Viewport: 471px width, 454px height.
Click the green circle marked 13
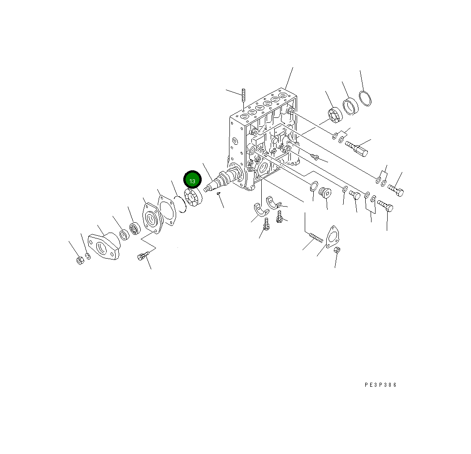pos(192,180)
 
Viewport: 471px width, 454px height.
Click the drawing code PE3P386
pos(380,385)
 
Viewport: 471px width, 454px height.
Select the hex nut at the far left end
pos(80,260)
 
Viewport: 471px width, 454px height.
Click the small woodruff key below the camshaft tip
pos(218,194)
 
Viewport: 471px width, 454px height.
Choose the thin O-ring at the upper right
pos(366,99)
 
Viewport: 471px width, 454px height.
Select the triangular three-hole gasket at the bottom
pos(332,237)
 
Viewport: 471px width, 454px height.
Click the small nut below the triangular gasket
pos(337,251)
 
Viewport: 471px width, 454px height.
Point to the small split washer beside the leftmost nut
pos(88,256)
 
